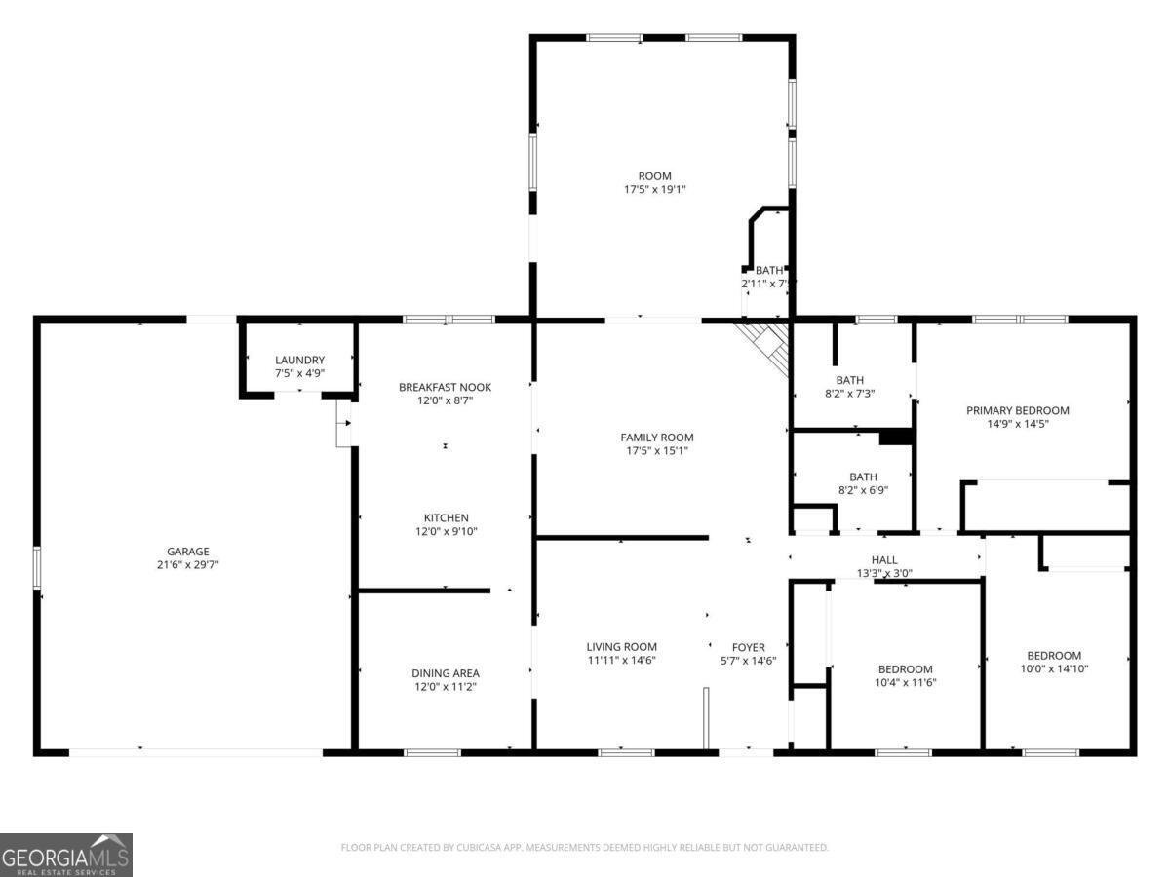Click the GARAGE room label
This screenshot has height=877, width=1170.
[x=187, y=552]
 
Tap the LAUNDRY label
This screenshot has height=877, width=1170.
[x=299, y=361]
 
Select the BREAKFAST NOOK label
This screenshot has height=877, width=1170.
[x=445, y=387]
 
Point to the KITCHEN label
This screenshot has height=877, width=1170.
[x=446, y=517]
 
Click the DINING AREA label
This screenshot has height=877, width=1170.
[x=445, y=673]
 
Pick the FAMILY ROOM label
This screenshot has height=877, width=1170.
[x=657, y=438]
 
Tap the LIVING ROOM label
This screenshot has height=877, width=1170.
[x=621, y=647]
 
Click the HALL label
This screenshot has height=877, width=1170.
[x=884, y=560]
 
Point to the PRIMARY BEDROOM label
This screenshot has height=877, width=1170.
[x=1017, y=411]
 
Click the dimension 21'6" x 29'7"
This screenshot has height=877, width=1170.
[x=187, y=565]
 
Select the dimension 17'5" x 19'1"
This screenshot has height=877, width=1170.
[x=655, y=190]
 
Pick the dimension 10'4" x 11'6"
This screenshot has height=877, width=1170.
[x=905, y=683]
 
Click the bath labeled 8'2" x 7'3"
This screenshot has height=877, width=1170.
[x=849, y=380]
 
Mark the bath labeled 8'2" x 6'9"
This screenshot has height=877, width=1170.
[x=863, y=477]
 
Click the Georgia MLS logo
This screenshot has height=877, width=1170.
[x=65, y=855]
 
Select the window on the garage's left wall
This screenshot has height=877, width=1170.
[x=37, y=567]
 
